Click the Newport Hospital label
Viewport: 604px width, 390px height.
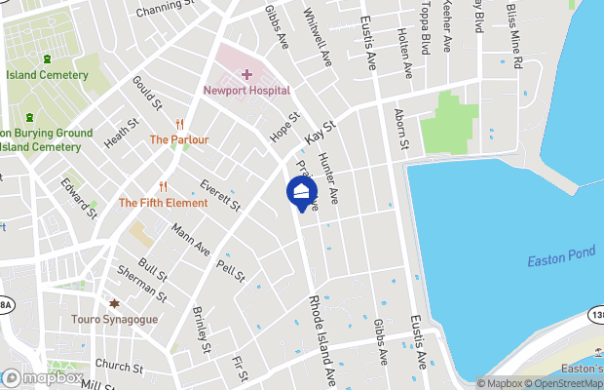tap(246, 91)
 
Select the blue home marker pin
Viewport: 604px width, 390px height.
tap(302, 192)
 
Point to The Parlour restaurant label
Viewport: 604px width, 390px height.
tap(178, 139)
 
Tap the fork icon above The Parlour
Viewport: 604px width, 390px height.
tap(179, 124)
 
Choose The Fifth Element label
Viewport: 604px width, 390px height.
tap(163, 203)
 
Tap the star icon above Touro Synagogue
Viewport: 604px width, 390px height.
tap(114, 304)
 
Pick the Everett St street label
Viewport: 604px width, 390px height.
tap(219, 195)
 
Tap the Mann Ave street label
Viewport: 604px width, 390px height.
tap(191, 240)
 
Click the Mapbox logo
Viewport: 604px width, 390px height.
tap(43, 377)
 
